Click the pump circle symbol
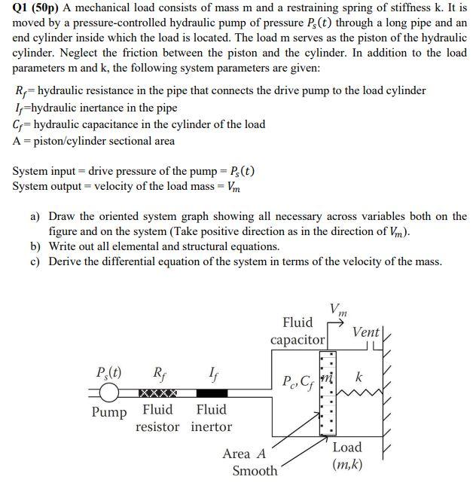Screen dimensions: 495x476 (x=111, y=393)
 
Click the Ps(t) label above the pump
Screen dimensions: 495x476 (x=110, y=371)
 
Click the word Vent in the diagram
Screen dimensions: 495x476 (x=366, y=332)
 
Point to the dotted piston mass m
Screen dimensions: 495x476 (x=326, y=393)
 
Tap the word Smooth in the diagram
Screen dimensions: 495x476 (x=255, y=471)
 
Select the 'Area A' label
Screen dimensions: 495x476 (x=244, y=454)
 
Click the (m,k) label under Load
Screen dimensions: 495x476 (x=346, y=464)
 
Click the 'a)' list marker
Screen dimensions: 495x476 (x=35, y=216)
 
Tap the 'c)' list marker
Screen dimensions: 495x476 (x=35, y=261)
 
